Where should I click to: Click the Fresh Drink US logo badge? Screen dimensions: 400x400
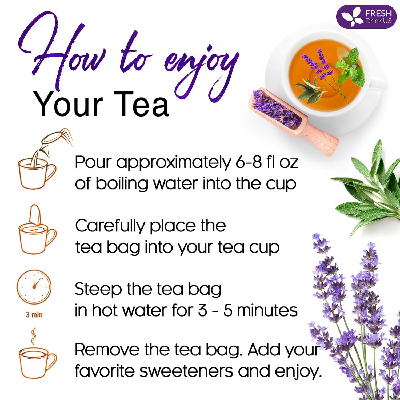pyautogui.click(x=366, y=17)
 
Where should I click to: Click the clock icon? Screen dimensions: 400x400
pyautogui.click(x=34, y=287)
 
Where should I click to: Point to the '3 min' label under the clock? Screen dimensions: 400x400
pyautogui.click(x=34, y=315)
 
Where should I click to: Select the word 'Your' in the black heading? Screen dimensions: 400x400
pyautogui.click(x=68, y=105)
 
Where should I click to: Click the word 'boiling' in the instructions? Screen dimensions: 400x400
pyautogui.click(x=122, y=184)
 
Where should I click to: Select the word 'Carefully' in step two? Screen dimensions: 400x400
pyautogui.click(x=110, y=226)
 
